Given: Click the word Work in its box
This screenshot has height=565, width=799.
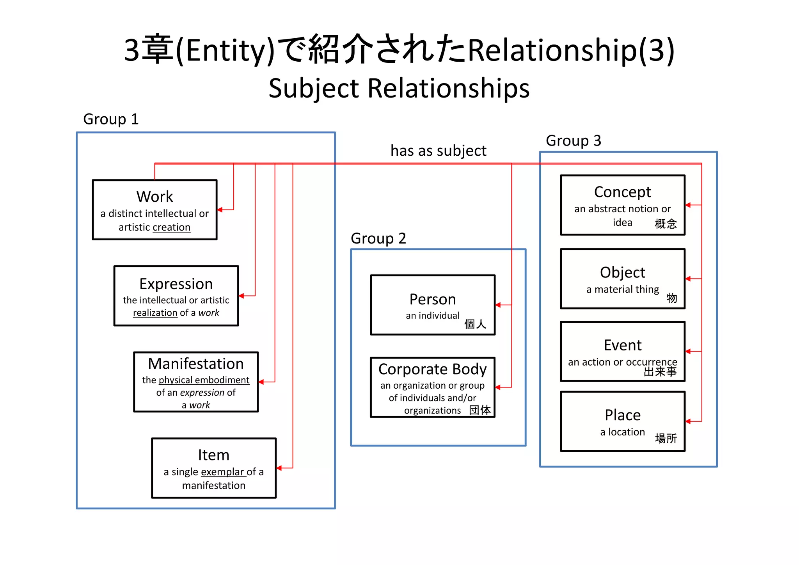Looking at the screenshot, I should pos(154,197).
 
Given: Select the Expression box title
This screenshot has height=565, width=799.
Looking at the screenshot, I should pos(176,284).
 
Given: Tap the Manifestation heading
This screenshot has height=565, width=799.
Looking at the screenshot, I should pos(196,364).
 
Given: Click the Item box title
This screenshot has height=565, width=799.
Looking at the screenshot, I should pos(213,455).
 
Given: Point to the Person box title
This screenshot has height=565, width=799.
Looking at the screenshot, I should pos(432,299).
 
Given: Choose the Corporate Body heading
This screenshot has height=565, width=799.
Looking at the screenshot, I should pos(432,369).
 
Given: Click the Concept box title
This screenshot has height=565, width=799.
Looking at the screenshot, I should pos(622,192).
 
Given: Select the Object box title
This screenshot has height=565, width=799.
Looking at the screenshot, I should pos(622,272).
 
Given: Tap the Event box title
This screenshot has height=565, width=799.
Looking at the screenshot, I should pos(622,345).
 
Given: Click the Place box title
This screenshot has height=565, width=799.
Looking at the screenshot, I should pos(622,415).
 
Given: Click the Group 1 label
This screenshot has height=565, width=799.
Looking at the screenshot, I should pos(111,119).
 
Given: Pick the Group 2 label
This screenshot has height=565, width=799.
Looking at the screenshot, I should pos(378,238).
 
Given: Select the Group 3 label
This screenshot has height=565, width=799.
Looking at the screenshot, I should pos(573,140).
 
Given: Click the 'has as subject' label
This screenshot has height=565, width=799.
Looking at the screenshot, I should pos(438,151).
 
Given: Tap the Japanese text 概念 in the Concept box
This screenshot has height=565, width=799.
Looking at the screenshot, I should pos(666,224).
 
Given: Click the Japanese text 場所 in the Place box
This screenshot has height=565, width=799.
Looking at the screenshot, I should pos(666,439).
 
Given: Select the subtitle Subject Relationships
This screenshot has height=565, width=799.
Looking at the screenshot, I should pos(399,88).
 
